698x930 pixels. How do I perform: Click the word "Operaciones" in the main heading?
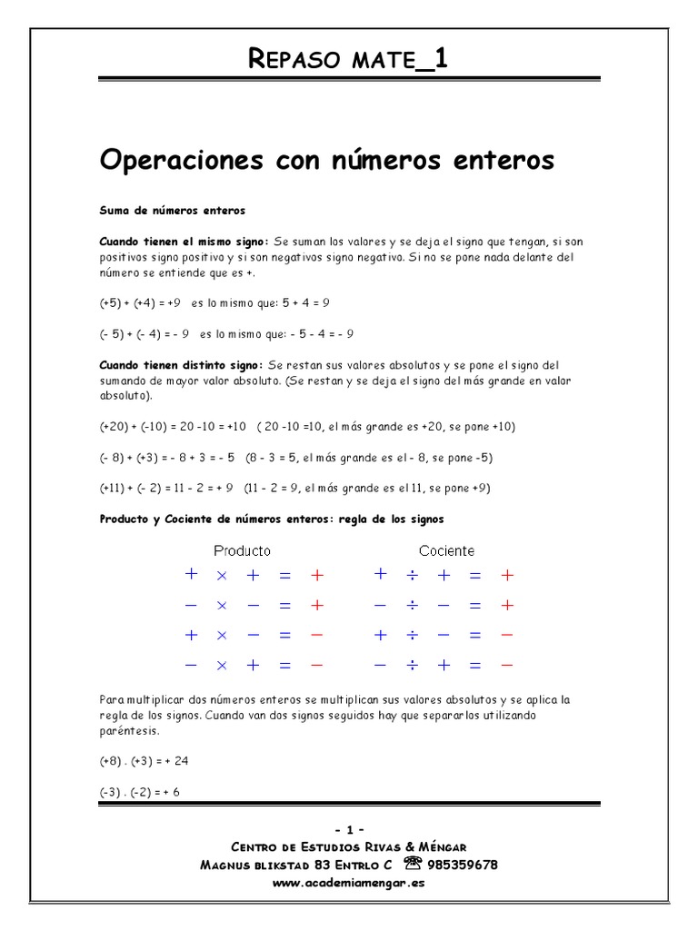[x=173, y=161]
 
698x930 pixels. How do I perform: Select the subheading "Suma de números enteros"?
[x=172, y=210]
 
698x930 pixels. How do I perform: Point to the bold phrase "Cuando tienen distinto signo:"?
[x=184, y=364]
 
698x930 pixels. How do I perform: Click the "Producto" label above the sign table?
[x=242, y=550]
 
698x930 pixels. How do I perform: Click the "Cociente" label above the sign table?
[x=446, y=550]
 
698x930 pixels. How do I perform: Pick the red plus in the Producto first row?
[x=316, y=575]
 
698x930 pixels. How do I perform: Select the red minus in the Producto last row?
[x=316, y=666]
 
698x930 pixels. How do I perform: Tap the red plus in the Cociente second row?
[x=507, y=605]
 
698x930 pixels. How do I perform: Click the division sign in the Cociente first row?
[x=412, y=575]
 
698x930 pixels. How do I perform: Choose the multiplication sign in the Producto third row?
[x=221, y=636]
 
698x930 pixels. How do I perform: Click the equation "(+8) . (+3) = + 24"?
[x=144, y=761]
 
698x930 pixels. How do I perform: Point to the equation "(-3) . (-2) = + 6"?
[x=140, y=792]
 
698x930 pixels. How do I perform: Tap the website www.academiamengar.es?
[x=348, y=882]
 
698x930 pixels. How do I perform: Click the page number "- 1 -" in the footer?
[x=349, y=830]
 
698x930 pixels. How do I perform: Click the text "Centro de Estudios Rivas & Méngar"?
[x=349, y=847]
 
